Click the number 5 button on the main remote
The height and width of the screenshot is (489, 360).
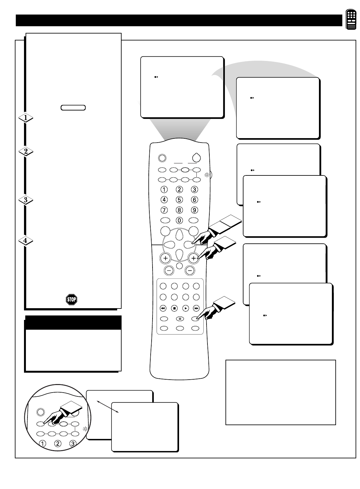179,199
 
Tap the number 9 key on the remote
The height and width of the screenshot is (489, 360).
195,210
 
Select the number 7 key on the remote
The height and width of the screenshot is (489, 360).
164,210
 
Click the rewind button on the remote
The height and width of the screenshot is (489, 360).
163,308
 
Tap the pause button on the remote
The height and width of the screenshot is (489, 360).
179,318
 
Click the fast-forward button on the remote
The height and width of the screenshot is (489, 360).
196,308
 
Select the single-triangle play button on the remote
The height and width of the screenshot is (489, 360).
185,308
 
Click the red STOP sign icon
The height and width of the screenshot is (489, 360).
72,299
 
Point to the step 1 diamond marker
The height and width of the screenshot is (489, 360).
26,118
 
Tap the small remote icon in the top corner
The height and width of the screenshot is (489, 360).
351,20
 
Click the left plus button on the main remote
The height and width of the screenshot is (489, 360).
165,258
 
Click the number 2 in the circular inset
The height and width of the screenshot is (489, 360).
58,443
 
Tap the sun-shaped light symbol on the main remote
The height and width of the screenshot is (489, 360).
207,174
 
